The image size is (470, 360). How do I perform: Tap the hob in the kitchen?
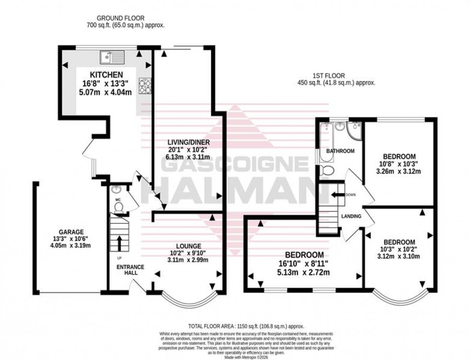[144, 86]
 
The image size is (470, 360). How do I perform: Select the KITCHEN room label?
[106, 75]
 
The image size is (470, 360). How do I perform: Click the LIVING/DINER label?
[188, 143]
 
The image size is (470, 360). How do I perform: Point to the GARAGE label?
[71, 231]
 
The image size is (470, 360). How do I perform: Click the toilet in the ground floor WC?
[118, 206]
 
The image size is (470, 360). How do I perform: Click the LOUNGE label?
[188, 245]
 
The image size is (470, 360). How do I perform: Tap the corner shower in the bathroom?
[354, 128]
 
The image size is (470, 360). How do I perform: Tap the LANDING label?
[351, 216]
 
